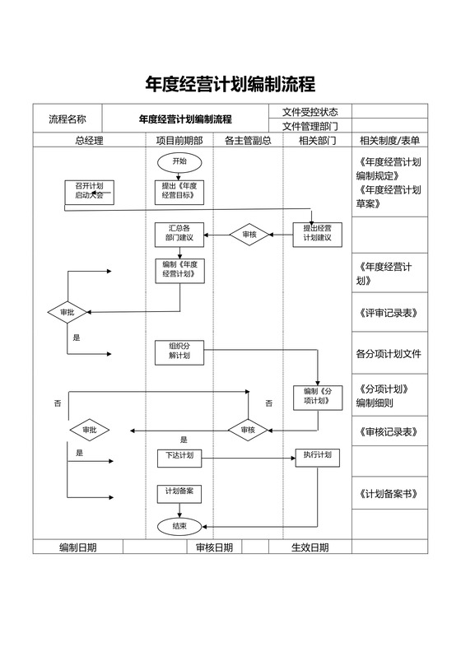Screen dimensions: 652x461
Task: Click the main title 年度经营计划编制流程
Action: [230, 84]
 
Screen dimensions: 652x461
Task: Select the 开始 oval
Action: [179, 161]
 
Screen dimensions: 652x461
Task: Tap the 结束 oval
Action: [179, 525]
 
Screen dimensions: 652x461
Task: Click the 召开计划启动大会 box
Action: [89, 192]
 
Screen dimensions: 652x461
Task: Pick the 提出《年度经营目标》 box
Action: [179, 192]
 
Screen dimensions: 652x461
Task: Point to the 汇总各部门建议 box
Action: [179, 234]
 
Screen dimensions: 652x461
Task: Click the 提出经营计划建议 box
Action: [317, 234]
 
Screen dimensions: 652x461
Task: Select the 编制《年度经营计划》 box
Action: [179, 270]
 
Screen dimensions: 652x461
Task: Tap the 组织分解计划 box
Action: [179, 352]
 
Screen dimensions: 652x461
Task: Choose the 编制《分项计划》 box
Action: [317, 396]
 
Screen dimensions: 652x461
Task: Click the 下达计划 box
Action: [179, 456]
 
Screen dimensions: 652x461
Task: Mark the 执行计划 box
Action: [317, 456]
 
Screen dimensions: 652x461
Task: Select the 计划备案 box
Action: [179, 492]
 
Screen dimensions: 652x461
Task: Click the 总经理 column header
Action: [89, 141]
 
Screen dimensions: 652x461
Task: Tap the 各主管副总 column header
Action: [248, 141]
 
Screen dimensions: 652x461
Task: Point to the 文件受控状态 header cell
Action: [310, 112]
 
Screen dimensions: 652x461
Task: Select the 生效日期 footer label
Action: [310, 547]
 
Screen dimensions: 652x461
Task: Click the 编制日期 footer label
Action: [77, 547]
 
